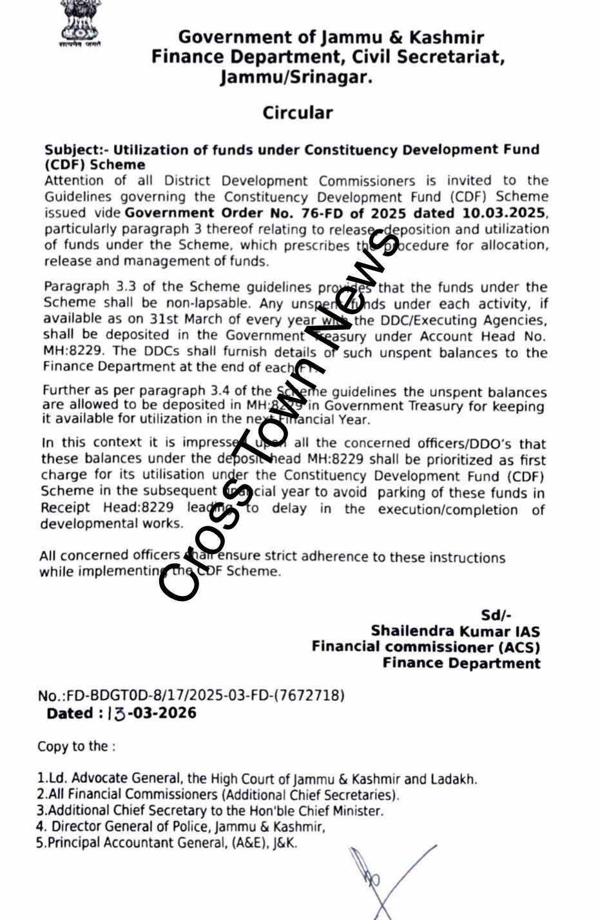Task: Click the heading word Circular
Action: coord(297,113)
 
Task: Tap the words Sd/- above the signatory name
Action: coord(496,616)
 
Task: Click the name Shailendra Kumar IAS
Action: coord(455,631)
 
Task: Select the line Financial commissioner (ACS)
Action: coord(425,647)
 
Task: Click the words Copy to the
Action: coord(76,747)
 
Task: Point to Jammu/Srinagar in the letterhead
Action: coord(296,78)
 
